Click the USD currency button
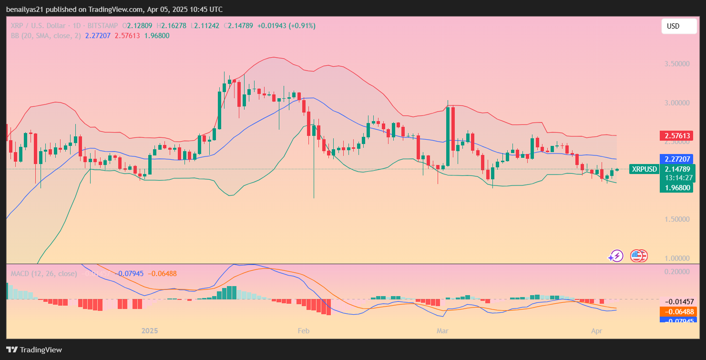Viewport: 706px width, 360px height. click(678, 26)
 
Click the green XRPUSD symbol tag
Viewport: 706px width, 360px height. click(644, 169)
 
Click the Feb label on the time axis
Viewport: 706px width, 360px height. click(303, 330)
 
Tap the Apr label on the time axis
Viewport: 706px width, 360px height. click(596, 330)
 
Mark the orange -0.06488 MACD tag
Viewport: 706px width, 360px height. click(677, 311)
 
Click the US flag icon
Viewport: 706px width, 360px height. click(637, 256)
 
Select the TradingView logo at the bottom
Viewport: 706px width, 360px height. click(34, 350)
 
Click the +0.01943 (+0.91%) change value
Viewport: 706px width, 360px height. click(286, 26)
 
